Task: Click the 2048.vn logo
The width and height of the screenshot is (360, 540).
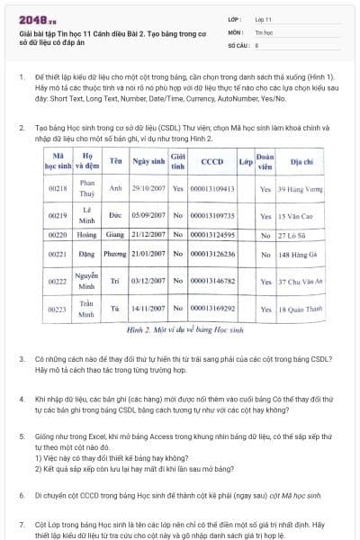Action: click(32, 18)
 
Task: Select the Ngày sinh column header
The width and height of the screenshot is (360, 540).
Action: click(148, 162)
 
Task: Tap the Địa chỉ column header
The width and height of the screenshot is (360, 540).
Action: click(301, 162)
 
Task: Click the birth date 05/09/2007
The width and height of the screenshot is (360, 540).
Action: click(148, 217)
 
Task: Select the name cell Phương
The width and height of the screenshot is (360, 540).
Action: click(115, 255)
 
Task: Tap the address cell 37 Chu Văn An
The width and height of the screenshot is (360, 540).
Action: click(300, 282)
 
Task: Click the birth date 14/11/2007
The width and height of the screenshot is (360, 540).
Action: click(148, 309)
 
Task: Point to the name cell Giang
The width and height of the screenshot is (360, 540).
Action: click(115, 235)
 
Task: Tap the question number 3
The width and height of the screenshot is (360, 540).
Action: click(22, 359)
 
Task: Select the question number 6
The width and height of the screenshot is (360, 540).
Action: click(22, 495)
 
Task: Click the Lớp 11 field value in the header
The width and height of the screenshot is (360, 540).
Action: click(263, 18)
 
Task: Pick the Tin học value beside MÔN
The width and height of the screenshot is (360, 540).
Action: click(264, 31)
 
